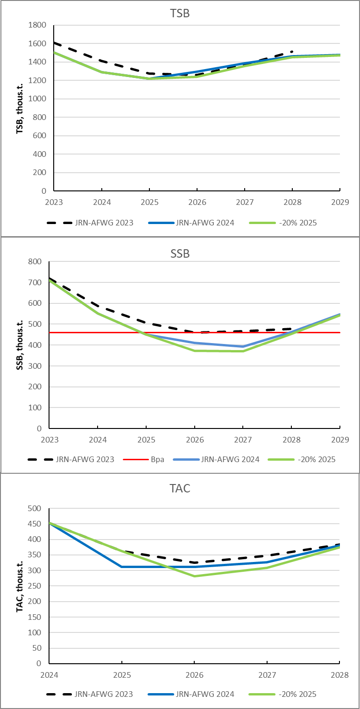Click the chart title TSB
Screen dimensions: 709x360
(x=180, y=13)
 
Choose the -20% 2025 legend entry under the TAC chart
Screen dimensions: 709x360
(x=297, y=694)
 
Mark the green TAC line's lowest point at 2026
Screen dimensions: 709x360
(x=194, y=576)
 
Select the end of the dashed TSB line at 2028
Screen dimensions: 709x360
(x=292, y=51)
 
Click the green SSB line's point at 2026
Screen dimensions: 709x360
(x=194, y=351)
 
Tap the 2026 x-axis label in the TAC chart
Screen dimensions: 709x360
(x=194, y=674)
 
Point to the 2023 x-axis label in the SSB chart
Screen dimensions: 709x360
(x=49, y=440)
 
